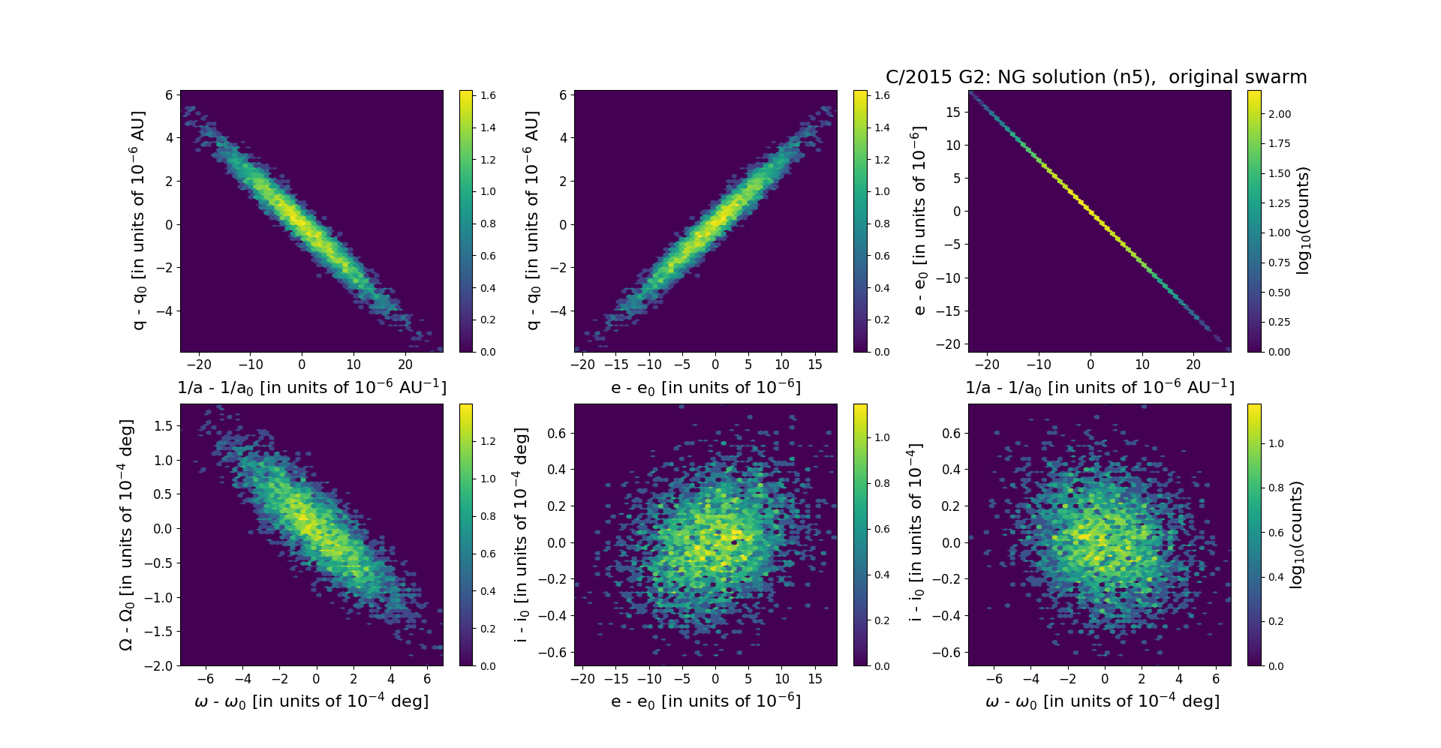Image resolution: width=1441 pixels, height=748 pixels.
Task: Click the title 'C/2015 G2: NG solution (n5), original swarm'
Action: (x=1096, y=77)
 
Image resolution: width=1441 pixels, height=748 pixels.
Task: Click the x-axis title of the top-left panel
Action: (x=311, y=388)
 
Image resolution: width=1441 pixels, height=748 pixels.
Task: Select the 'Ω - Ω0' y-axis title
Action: (x=126, y=535)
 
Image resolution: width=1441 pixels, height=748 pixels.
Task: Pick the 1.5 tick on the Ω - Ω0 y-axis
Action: (x=163, y=426)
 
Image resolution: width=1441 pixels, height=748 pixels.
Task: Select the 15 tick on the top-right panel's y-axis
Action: (x=952, y=112)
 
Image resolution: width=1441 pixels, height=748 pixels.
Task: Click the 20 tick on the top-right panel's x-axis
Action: (x=1193, y=365)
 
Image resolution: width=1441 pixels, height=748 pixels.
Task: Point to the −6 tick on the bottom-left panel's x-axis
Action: (x=205, y=679)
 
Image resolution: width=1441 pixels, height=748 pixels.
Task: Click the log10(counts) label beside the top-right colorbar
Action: (x=1304, y=221)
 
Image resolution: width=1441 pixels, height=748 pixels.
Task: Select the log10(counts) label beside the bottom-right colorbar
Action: (x=1296, y=535)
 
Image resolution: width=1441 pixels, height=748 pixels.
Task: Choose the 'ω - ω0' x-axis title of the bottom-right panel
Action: (x=1102, y=701)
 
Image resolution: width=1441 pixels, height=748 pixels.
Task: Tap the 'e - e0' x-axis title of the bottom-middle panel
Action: (x=705, y=701)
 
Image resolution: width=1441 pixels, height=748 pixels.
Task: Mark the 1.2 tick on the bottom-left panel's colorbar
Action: (x=488, y=441)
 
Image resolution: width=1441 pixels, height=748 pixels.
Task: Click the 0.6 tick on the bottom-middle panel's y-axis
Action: (x=556, y=433)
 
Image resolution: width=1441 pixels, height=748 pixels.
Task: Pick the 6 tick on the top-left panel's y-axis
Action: (x=169, y=95)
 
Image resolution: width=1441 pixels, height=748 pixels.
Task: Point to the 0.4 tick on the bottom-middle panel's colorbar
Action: (x=882, y=575)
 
